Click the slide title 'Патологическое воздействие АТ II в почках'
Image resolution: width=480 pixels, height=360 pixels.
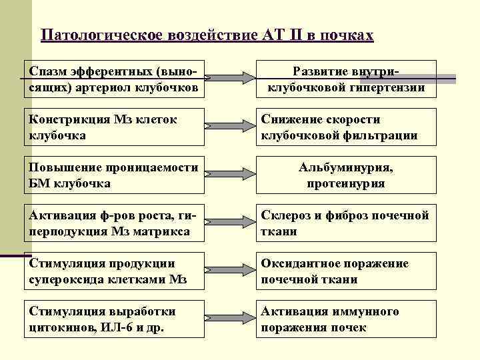[x=207, y=35]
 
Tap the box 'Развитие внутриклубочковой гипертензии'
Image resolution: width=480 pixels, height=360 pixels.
[x=346, y=79]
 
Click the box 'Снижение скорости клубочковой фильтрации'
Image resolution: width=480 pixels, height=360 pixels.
[x=346, y=127]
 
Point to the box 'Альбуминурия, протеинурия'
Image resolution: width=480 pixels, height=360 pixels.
[x=346, y=175]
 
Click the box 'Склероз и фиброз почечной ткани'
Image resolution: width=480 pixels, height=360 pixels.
[x=346, y=223]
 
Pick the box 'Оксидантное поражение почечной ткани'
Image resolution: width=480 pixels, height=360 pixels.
[x=346, y=271]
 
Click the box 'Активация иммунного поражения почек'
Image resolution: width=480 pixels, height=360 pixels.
[x=346, y=319]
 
